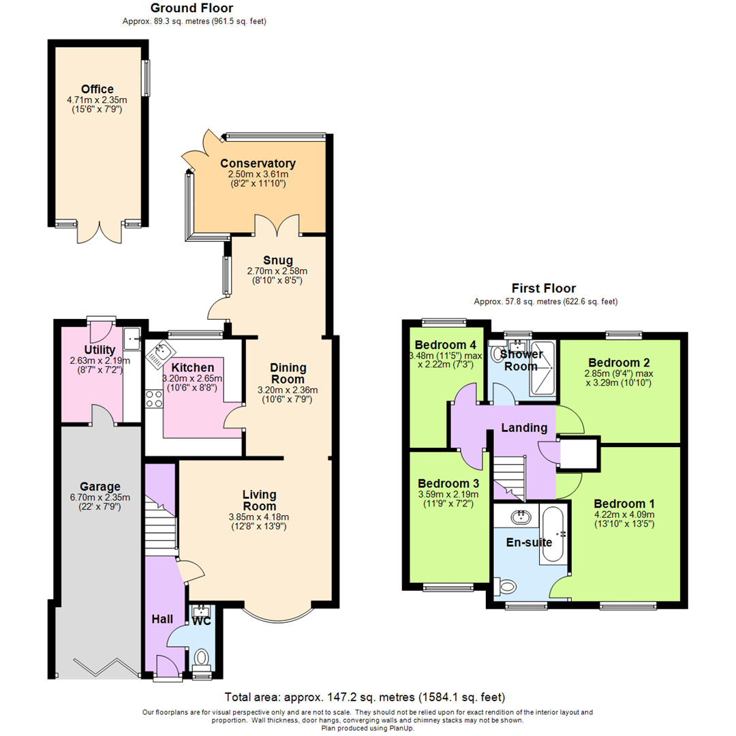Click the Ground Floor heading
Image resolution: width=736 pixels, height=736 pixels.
pyautogui.click(x=191, y=9)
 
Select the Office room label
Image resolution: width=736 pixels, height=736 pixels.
pyautogui.click(x=97, y=89)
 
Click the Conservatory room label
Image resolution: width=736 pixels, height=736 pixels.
pyautogui.click(x=258, y=164)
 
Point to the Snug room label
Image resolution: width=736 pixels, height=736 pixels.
pyautogui.click(x=278, y=260)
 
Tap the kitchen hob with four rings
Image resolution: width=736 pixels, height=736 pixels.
pyautogui.click(x=153, y=398)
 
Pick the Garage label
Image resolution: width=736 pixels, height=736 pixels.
pyautogui.click(x=99, y=487)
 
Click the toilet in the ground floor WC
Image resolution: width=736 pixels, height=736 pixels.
pyautogui.click(x=201, y=657)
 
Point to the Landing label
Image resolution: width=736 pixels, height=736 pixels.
pyautogui.click(x=525, y=428)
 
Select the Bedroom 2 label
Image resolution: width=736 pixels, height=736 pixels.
pyautogui.click(x=619, y=362)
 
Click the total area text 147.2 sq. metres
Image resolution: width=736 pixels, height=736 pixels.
pyautogui.click(x=365, y=697)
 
